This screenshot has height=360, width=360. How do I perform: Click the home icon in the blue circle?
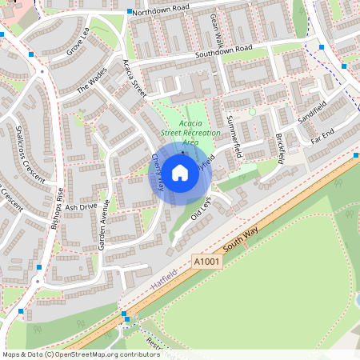[x=180, y=172]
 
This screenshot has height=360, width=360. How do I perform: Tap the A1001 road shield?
[x=205, y=262]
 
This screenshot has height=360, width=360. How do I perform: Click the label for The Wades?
[x=91, y=82]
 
